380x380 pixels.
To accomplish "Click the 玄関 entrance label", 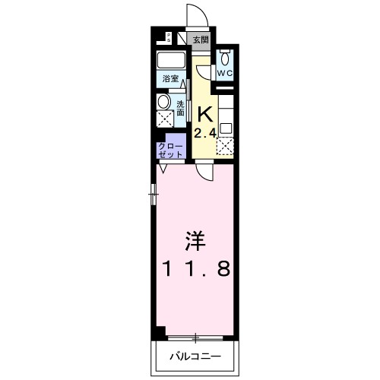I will (200, 40).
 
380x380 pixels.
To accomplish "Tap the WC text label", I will (225, 73).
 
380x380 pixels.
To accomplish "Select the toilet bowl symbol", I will (225, 58).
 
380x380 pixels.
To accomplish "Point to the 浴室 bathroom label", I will (169, 78).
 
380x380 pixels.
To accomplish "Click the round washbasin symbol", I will (164, 103).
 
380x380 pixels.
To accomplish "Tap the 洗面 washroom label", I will (181, 109).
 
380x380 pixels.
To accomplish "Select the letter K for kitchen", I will (203, 115).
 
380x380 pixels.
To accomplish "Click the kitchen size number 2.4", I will (203, 135).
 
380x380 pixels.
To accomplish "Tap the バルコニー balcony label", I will (195, 356).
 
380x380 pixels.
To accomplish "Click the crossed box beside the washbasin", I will (164, 119).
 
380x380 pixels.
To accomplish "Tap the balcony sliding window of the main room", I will (195, 337).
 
